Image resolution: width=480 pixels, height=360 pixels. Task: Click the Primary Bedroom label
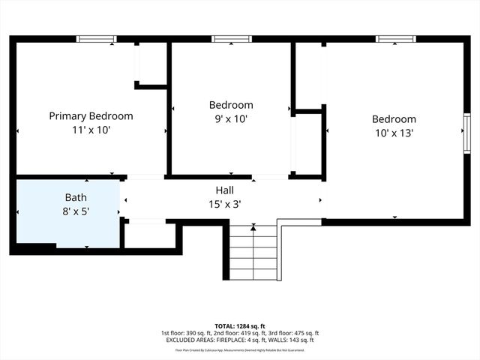coord(91,116)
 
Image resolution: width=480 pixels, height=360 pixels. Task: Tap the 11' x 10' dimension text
coord(91,129)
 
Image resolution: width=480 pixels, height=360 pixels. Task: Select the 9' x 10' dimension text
coord(230,118)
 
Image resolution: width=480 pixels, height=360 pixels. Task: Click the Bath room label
coord(76,198)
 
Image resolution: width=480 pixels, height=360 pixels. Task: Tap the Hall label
coord(224,190)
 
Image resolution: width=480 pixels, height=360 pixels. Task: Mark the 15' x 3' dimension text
coord(224,202)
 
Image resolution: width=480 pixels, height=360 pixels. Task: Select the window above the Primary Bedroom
coord(97,39)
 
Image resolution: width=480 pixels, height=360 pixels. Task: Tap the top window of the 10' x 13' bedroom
coord(395,39)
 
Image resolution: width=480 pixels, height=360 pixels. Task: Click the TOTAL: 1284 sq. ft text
coord(239,326)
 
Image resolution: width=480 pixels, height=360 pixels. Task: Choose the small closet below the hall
coord(148,235)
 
